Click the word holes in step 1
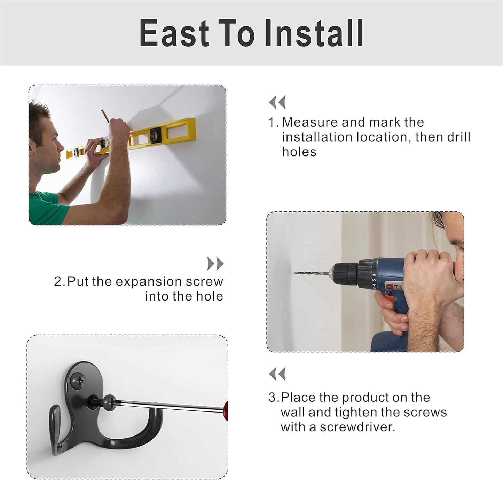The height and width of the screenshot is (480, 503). [299, 152]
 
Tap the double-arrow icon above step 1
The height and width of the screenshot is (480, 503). [277, 102]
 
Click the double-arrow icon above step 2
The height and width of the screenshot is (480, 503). [215, 264]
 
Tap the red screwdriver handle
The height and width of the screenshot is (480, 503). [226, 411]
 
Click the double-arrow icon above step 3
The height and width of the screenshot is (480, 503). [277, 374]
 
